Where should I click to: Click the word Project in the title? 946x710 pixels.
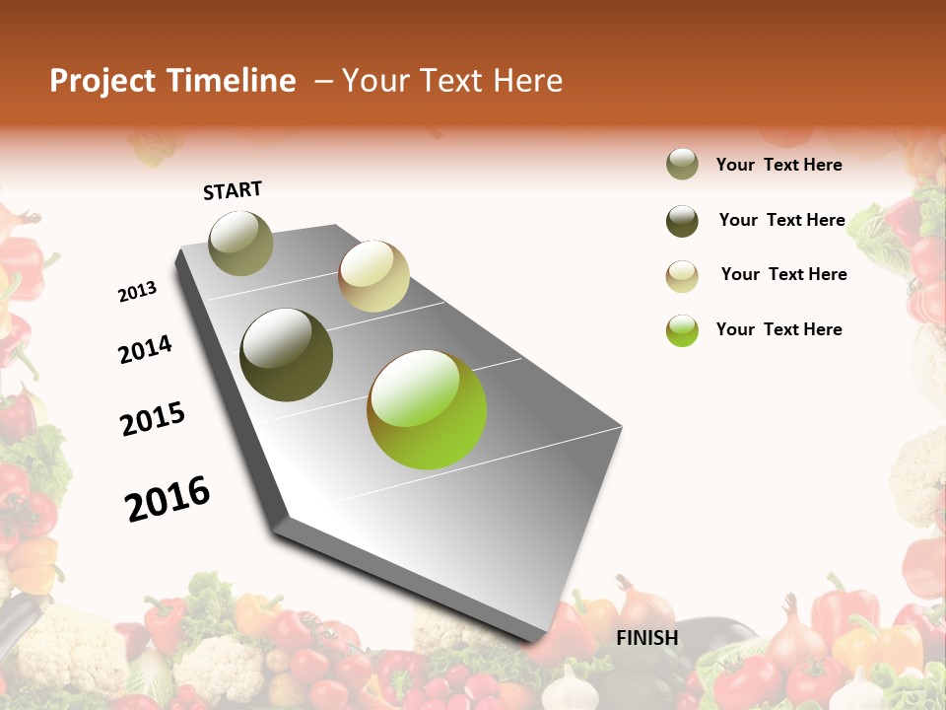tap(101, 82)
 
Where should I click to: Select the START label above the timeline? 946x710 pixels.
tap(233, 190)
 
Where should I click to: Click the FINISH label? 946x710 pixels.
tap(647, 638)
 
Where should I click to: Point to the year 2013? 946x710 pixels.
tap(137, 291)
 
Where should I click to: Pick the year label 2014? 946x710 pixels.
tap(145, 349)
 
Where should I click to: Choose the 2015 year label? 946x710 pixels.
tap(153, 419)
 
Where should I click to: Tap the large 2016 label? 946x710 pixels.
tap(168, 499)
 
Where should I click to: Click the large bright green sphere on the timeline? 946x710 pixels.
tap(427, 409)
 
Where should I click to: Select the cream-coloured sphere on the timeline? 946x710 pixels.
tap(373, 276)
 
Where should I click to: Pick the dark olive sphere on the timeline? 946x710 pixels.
tap(287, 355)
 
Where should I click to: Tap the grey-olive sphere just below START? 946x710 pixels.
tap(241, 243)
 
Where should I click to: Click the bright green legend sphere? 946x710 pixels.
tap(682, 330)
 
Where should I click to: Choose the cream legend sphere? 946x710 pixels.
tap(682, 276)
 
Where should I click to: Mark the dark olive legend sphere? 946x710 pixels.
tap(682, 221)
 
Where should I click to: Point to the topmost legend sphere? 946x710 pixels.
tap(682, 165)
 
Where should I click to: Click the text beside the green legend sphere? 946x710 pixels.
tap(779, 329)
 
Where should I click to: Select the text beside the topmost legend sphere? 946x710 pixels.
tap(779, 165)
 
